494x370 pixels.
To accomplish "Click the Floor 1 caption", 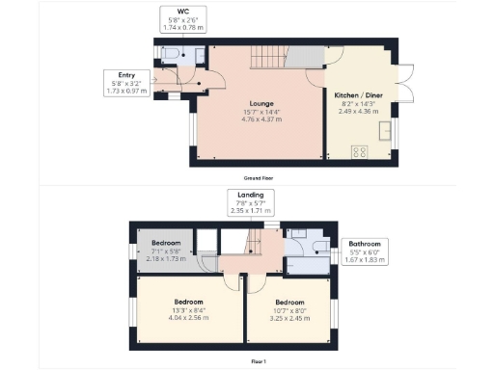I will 259,359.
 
